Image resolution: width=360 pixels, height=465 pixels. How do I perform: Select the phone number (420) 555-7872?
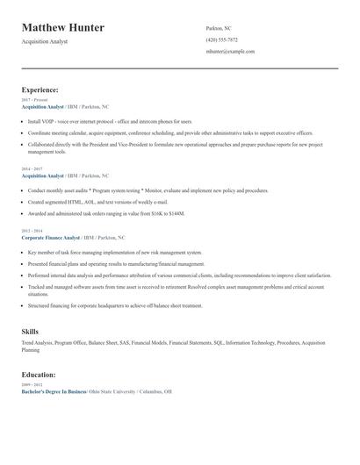(x=221, y=39)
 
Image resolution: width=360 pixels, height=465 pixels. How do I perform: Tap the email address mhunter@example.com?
(x=230, y=52)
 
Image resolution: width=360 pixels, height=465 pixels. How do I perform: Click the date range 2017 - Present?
(x=35, y=100)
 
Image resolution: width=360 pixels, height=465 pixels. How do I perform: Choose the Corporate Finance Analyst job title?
(x=50, y=237)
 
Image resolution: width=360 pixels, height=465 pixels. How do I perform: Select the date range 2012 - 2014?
(x=32, y=232)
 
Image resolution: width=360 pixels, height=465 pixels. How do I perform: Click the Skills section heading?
(x=30, y=331)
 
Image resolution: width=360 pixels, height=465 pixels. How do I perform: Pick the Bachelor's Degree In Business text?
(x=54, y=391)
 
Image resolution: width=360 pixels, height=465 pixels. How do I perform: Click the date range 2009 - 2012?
(x=32, y=385)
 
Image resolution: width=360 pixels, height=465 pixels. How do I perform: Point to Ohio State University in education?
(x=113, y=391)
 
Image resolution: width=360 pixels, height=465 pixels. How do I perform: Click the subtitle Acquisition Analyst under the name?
(x=44, y=41)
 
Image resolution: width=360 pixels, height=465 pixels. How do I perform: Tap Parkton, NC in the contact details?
(x=219, y=28)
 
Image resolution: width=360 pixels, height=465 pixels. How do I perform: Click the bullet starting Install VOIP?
(x=109, y=121)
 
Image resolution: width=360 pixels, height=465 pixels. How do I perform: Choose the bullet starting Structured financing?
(x=114, y=305)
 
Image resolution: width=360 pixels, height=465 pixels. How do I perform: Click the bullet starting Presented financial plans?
(x=116, y=263)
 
